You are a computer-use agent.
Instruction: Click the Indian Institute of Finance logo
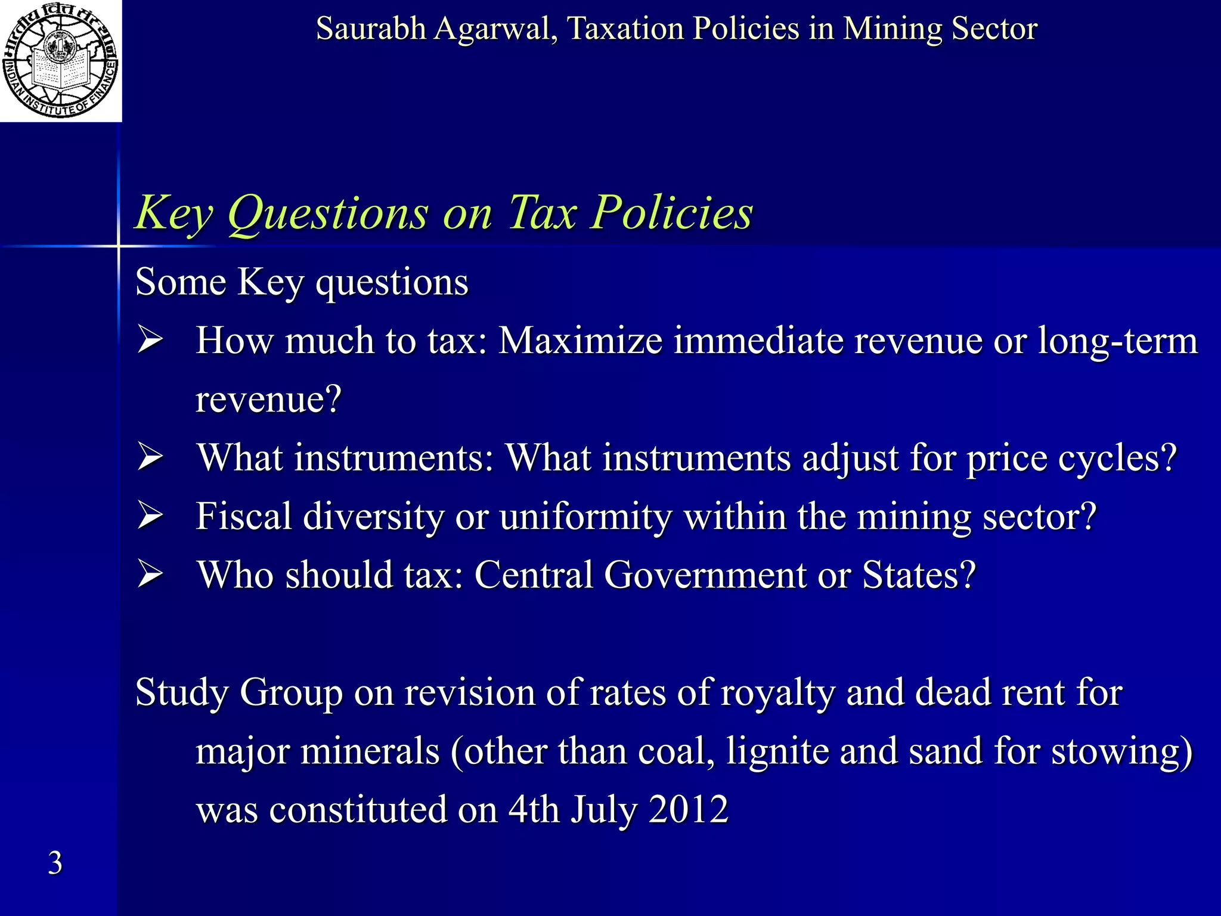[60, 60]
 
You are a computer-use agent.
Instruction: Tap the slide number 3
[55, 863]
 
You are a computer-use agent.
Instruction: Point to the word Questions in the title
[328, 213]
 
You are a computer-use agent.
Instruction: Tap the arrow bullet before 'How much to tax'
[150, 341]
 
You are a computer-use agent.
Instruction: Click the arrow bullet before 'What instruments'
[150, 458]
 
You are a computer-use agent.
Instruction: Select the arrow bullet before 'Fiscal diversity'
[150, 516]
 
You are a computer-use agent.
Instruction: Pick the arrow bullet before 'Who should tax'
[150, 575]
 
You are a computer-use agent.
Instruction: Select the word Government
[705, 575]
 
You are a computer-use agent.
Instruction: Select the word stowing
[1121, 751]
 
